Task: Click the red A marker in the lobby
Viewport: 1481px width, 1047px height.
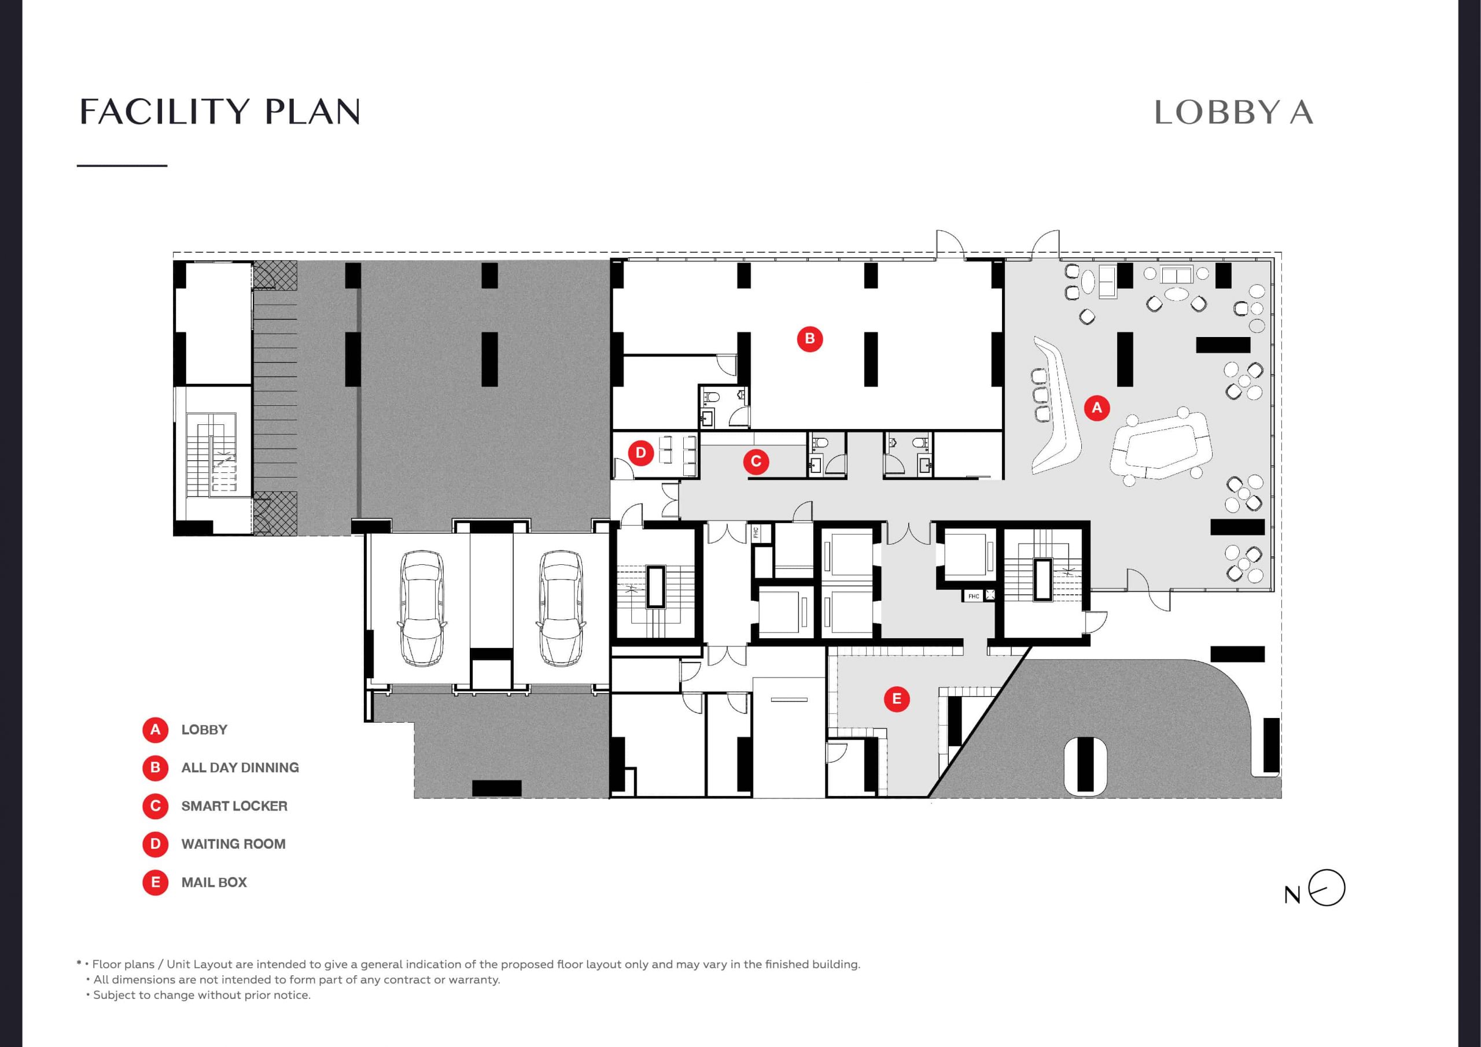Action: pos(1096,408)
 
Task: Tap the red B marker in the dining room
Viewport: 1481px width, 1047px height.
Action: pos(809,338)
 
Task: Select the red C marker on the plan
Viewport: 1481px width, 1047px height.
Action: pos(756,461)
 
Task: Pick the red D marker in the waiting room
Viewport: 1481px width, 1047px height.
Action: pos(640,453)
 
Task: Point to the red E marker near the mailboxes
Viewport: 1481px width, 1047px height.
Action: pos(897,699)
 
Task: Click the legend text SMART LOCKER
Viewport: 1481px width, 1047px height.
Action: pos(234,806)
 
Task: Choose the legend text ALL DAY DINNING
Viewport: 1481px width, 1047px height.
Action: pos(240,768)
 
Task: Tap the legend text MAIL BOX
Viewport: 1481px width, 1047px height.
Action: pos(214,883)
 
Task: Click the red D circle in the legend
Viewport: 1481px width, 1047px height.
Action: pos(156,844)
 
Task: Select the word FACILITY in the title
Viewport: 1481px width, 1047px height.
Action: pos(164,112)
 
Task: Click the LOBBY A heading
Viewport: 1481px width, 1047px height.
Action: pos(1233,113)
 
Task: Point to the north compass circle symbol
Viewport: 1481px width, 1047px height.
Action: pos(1327,888)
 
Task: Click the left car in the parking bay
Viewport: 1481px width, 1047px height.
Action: pos(422,608)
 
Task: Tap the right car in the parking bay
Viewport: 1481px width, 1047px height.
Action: pos(561,608)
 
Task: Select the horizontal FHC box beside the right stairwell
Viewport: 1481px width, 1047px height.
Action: pos(974,595)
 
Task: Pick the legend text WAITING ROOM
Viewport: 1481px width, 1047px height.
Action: pos(234,844)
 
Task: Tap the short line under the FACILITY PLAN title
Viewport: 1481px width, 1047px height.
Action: pos(122,166)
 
